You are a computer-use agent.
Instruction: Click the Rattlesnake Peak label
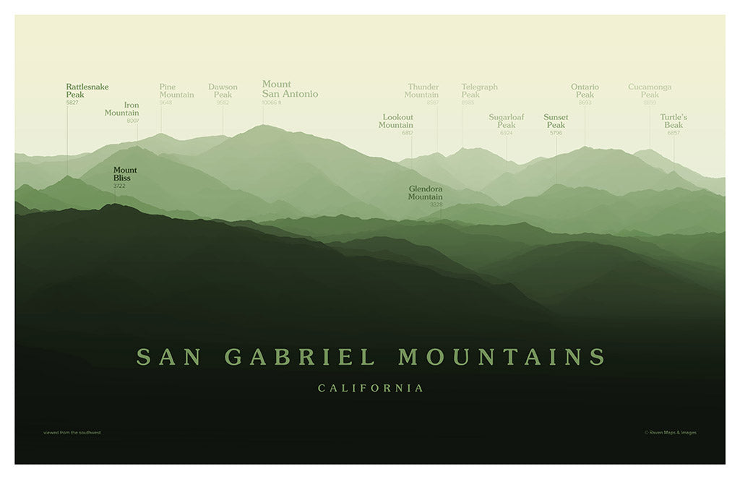(x=87, y=91)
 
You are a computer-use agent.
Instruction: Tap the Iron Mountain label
(x=122, y=109)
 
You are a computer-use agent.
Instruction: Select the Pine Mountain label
(x=176, y=91)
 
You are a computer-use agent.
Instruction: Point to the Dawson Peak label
(x=223, y=91)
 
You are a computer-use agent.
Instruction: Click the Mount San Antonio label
(x=289, y=90)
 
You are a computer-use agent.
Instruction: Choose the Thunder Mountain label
(x=422, y=91)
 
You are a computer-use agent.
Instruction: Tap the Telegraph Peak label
(x=479, y=91)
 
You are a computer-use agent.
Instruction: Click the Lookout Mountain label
(x=397, y=121)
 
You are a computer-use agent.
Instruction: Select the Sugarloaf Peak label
(x=507, y=121)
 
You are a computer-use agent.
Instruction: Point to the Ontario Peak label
(x=585, y=91)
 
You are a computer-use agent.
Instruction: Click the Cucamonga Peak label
(x=650, y=91)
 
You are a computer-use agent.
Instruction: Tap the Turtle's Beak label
(x=673, y=121)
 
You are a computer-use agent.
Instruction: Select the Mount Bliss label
(x=125, y=174)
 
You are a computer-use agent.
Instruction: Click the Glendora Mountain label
(x=426, y=193)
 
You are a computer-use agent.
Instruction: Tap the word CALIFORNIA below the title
(x=371, y=389)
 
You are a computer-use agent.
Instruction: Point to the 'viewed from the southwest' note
(x=72, y=433)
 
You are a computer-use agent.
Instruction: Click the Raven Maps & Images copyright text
(x=670, y=433)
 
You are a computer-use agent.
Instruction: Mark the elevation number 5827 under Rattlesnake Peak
(x=72, y=103)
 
